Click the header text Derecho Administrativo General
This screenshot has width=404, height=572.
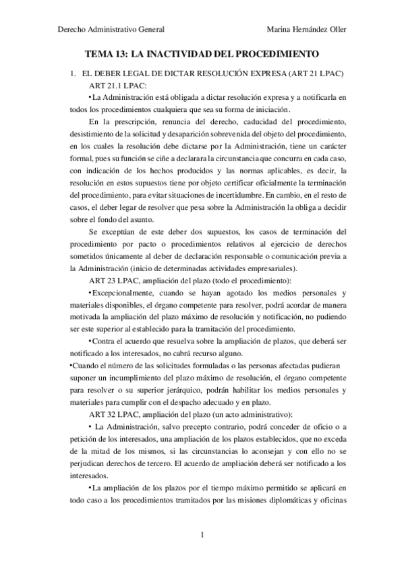pyautogui.click(x=112, y=29)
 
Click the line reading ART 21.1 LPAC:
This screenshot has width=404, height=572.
pyautogui.click(x=117, y=85)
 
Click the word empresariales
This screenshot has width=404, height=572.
pyautogui.click(x=236, y=267)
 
